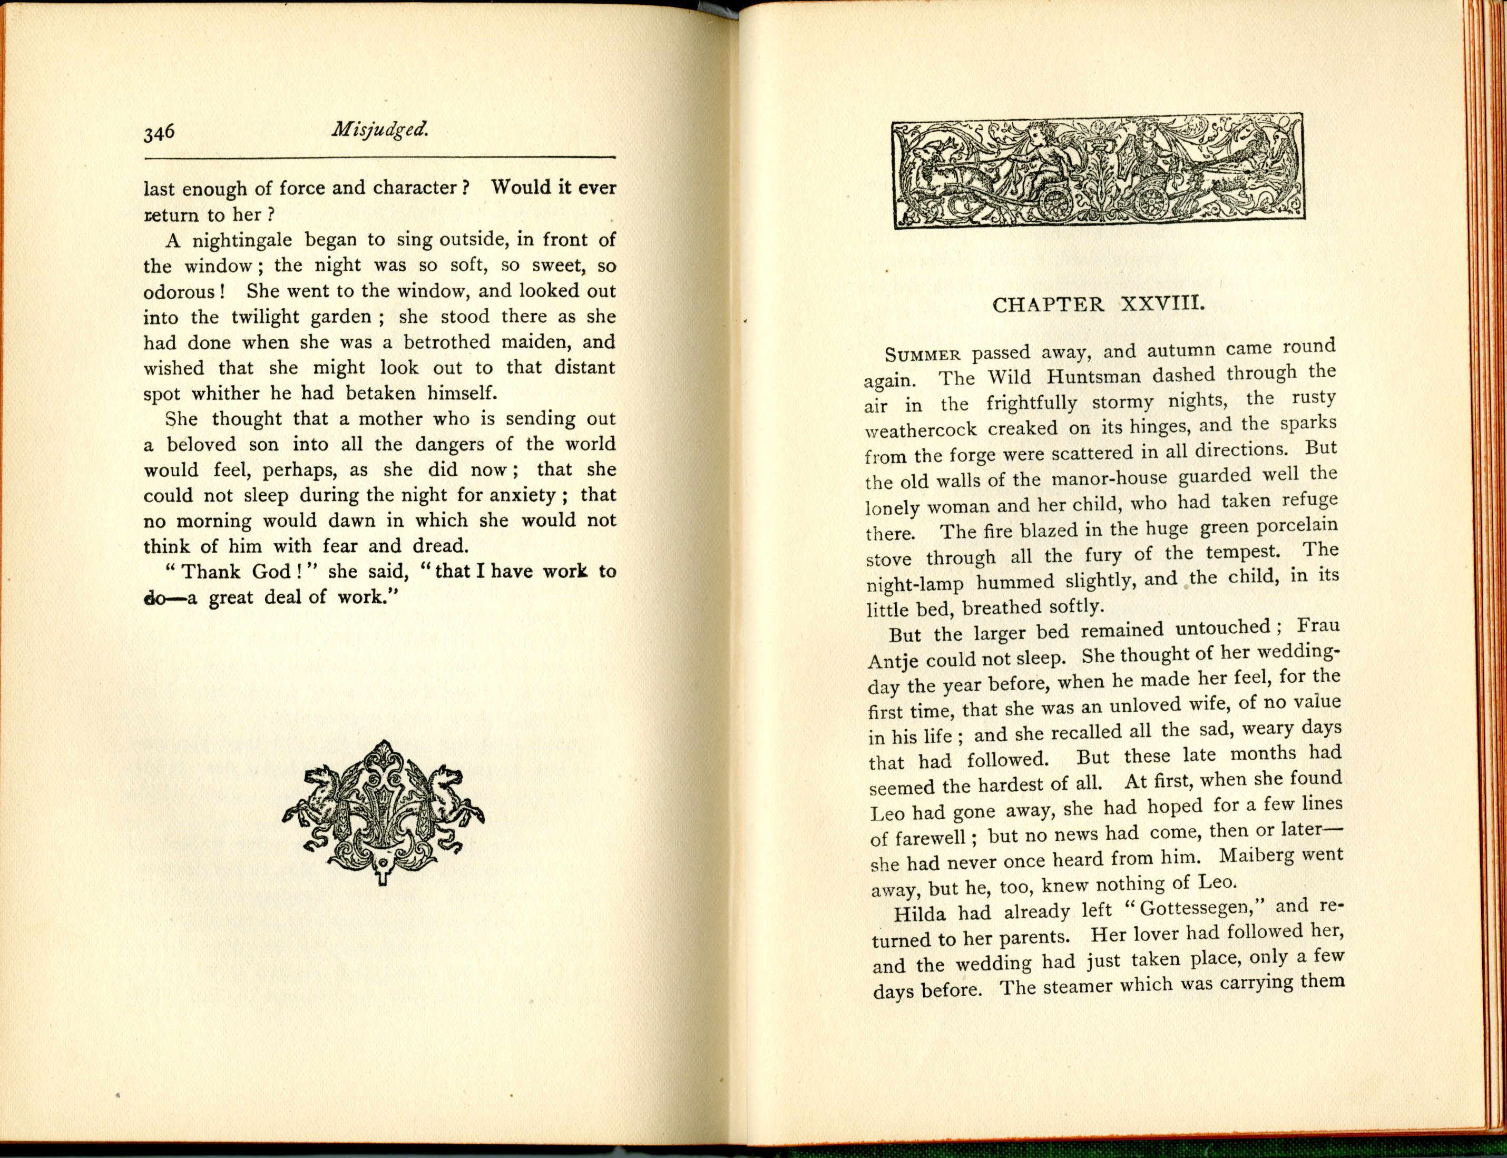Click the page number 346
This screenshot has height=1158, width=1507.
pos(159,132)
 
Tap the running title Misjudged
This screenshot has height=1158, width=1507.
pos(380,129)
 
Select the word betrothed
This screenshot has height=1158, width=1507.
pos(447,342)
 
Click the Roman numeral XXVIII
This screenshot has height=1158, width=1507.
pos(1162,303)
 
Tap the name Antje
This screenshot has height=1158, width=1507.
pos(892,660)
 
